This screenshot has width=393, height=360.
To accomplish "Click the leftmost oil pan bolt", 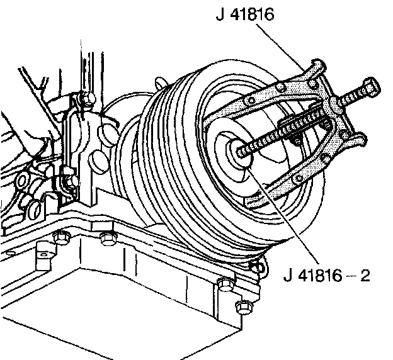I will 60,238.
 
